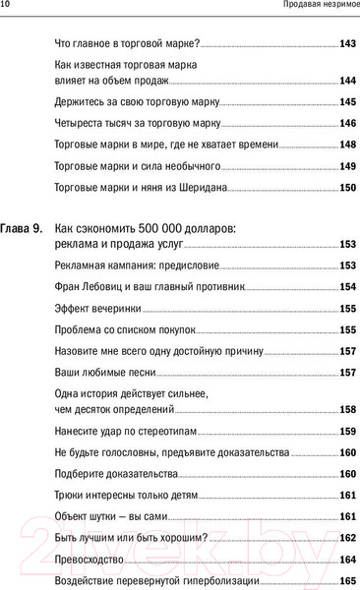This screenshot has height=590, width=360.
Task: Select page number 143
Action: [346, 45]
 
